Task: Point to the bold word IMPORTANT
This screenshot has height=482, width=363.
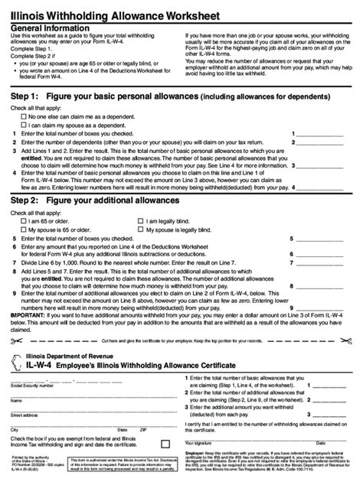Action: [23, 313]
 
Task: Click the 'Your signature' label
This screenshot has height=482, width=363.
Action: [202, 442]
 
